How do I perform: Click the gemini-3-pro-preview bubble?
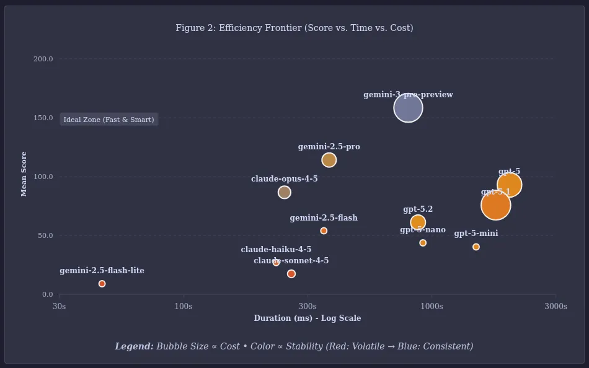[x=408, y=108]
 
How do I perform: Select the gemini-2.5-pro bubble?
[x=329, y=160]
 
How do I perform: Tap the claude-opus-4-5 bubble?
[x=284, y=192]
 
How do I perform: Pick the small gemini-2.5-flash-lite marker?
[x=102, y=284]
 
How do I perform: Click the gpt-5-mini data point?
[x=476, y=247]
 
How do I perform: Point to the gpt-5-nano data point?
[x=423, y=243]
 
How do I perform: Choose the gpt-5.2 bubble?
[x=418, y=222]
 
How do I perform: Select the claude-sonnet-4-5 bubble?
[x=291, y=274]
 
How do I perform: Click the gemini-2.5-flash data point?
[x=324, y=230]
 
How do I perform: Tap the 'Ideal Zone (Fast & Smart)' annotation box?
[x=108, y=120]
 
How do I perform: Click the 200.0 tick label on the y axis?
[x=43, y=59]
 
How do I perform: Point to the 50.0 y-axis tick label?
[x=43, y=235]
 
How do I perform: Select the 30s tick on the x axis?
[x=59, y=306]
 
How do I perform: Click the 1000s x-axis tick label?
[x=432, y=306]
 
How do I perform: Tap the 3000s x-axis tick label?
[x=556, y=306]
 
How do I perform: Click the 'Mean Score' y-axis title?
[x=24, y=173]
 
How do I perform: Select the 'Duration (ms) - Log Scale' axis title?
[x=307, y=318]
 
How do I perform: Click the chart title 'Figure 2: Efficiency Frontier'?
[x=294, y=28]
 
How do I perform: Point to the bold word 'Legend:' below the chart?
[x=134, y=346]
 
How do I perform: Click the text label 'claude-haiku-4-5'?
[x=276, y=250]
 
